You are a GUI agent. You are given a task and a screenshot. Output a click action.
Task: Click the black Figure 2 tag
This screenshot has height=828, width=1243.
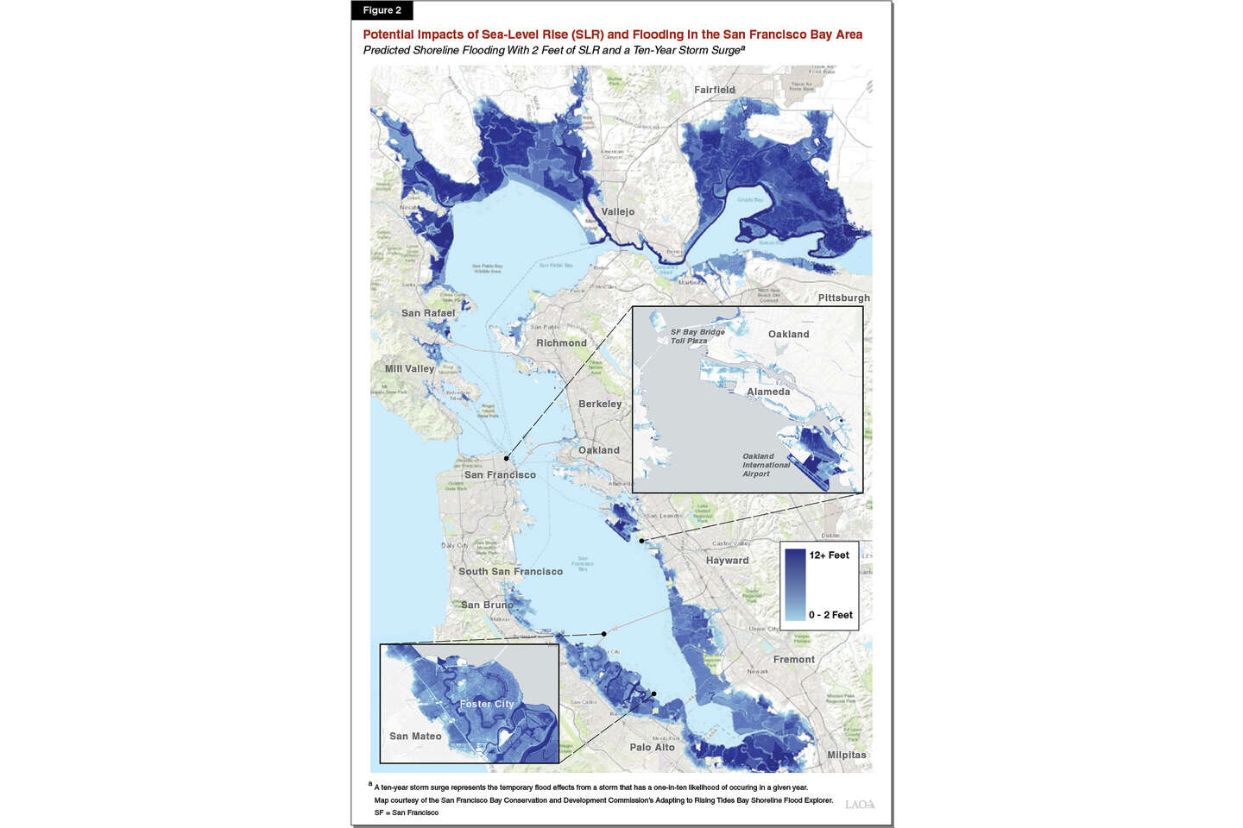(382, 10)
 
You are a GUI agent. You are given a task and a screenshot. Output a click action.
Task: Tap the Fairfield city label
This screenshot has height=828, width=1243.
(715, 90)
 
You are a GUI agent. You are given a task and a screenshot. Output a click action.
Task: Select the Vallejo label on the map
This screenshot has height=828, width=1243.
(618, 211)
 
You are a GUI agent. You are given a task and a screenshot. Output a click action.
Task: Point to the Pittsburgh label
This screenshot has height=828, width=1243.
(843, 298)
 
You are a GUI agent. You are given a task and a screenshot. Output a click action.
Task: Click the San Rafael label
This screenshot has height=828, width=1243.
(428, 313)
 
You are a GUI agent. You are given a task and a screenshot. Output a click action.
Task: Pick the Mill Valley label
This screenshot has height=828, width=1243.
(410, 368)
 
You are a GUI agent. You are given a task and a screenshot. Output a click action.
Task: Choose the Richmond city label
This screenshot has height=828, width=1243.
(561, 342)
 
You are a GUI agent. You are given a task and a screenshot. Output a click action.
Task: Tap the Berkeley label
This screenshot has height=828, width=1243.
(600, 404)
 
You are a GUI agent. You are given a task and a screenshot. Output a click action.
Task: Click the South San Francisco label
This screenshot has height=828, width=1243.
(510, 571)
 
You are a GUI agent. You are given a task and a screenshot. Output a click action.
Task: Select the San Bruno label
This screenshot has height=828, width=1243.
(487, 605)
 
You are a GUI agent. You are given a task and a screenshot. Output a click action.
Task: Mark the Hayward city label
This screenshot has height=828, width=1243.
(728, 560)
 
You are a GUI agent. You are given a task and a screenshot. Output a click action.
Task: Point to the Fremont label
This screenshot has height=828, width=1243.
(794, 659)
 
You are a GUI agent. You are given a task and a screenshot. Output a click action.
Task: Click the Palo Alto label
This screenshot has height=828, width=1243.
(652, 747)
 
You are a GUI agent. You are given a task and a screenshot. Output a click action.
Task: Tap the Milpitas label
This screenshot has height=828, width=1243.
(847, 755)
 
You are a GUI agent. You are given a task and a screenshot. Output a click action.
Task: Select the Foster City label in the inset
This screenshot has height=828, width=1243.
(487, 704)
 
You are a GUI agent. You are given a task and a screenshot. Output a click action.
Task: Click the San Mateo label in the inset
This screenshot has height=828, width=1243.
(415, 736)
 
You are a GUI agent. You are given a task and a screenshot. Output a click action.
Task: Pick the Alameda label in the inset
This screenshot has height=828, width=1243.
(768, 392)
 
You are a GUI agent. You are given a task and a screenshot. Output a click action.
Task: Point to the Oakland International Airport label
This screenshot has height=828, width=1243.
(766, 465)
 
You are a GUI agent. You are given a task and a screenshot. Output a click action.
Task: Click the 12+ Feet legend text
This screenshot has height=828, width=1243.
(829, 555)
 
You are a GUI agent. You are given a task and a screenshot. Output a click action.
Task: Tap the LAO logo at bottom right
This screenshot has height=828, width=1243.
(860, 804)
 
